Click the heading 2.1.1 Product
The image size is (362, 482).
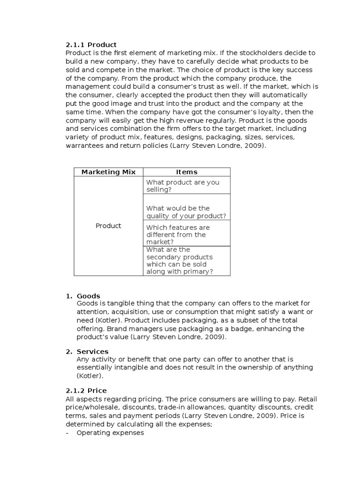pos(91,45)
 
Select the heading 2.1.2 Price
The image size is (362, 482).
pos(86,390)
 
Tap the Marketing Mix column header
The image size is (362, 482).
pos(108,172)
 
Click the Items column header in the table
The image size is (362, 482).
pos(187,172)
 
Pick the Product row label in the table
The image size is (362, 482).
pos(108,226)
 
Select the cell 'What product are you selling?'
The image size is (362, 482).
pos(183,185)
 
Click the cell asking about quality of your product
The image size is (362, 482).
pos(186,212)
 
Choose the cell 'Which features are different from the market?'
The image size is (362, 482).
pos(178,234)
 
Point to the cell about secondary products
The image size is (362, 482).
pos(180,260)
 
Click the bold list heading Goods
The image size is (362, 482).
pos(89,296)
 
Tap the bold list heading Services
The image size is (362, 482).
pos(92,351)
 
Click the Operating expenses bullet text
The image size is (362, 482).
pos(110,433)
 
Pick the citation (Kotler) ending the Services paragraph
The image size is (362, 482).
pos(90,376)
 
